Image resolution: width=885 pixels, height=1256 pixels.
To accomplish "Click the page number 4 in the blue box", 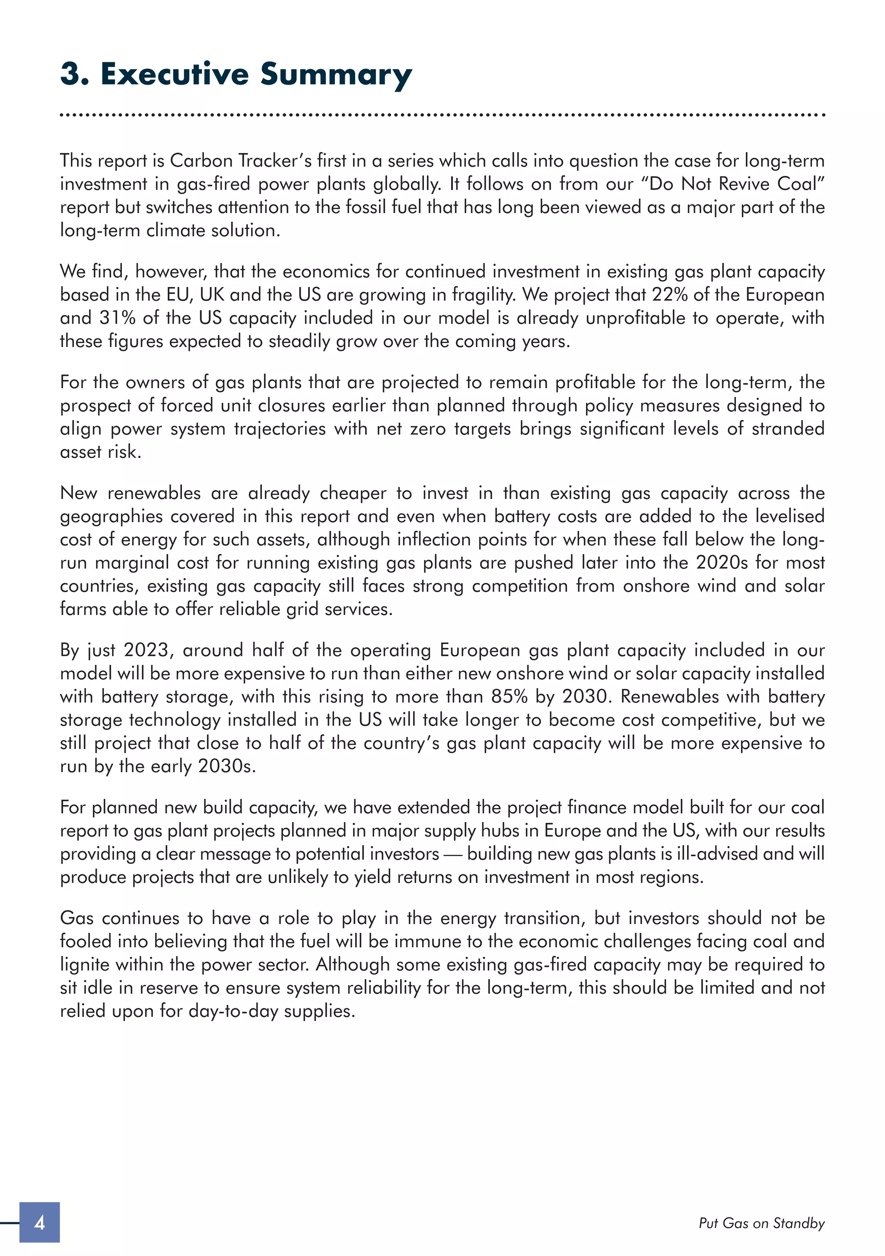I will pos(39,1222).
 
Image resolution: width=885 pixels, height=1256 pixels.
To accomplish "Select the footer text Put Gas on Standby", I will pos(761,1223).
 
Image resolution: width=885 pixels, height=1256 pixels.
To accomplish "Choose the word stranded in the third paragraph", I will pos(788,428).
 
